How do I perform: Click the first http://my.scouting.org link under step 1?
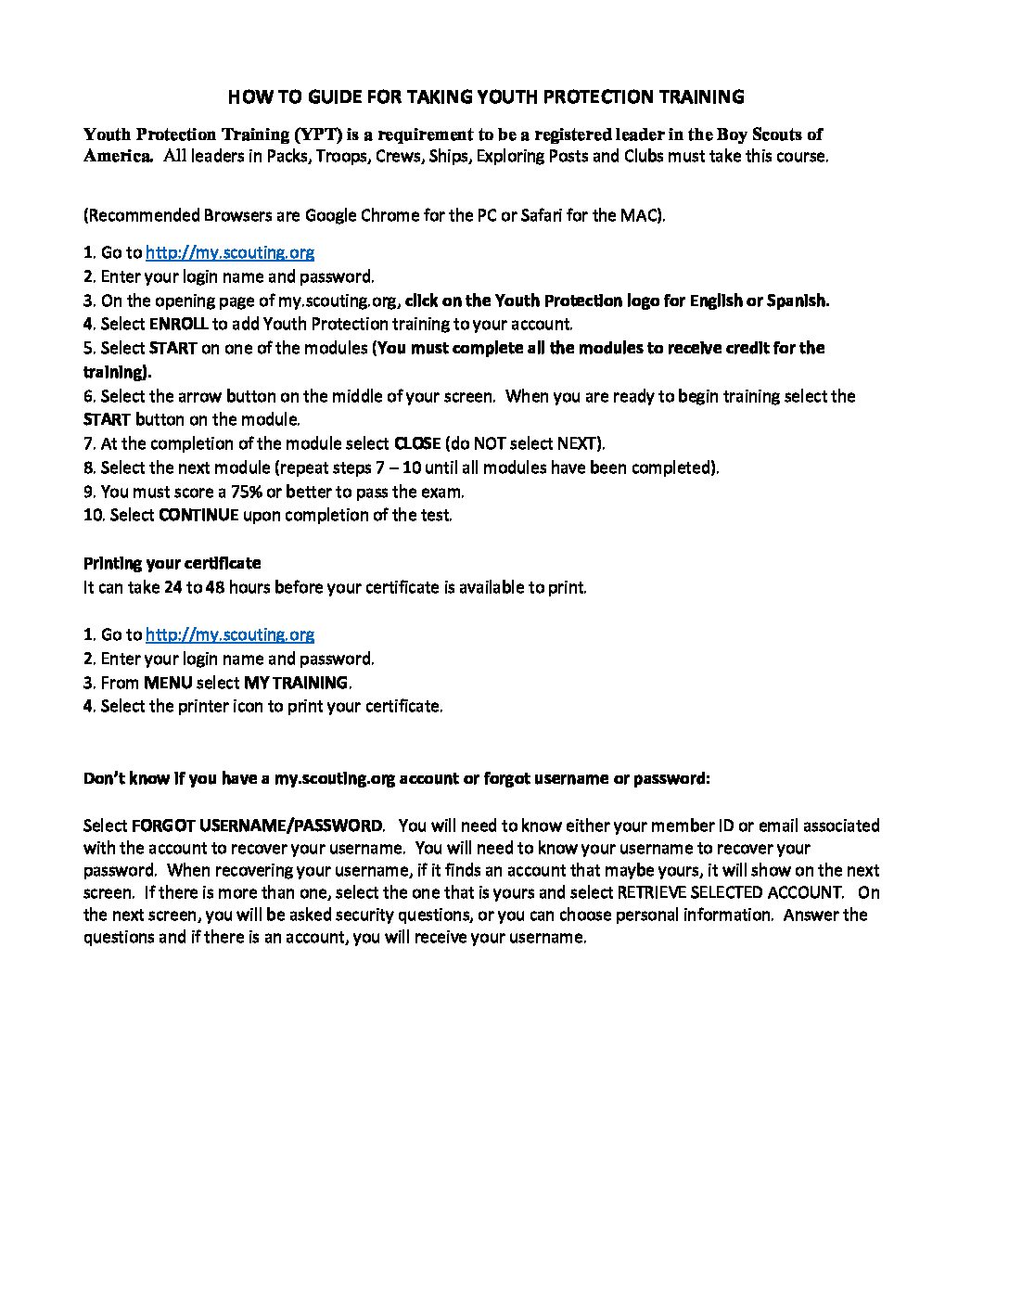[230, 252]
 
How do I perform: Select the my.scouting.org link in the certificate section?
[230, 634]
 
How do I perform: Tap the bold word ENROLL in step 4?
[178, 324]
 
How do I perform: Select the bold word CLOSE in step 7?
[417, 443]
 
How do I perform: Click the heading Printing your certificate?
[172, 563]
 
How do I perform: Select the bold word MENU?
[168, 683]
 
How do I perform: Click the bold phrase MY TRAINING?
[296, 683]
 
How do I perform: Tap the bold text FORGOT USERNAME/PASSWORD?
[257, 826]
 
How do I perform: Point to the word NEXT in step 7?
[575, 443]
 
